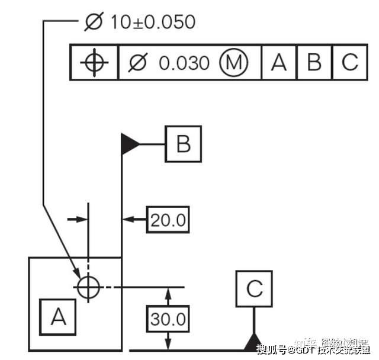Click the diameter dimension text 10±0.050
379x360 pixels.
pos(152,22)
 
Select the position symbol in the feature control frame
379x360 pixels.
pos(94,62)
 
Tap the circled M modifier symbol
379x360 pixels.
pos(233,62)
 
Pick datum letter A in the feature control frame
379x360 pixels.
pos(278,62)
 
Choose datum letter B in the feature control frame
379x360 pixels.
pos(314,62)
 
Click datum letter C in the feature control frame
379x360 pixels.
pos(350,62)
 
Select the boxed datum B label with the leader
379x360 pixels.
pos(183,144)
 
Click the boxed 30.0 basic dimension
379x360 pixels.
pos(168,319)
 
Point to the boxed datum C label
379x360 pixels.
pos(254,289)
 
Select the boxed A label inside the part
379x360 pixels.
pos(59,317)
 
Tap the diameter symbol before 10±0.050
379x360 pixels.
pos(94,22)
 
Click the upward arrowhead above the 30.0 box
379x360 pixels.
pos(168,292)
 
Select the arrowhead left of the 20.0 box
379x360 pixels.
pos(127,220)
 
